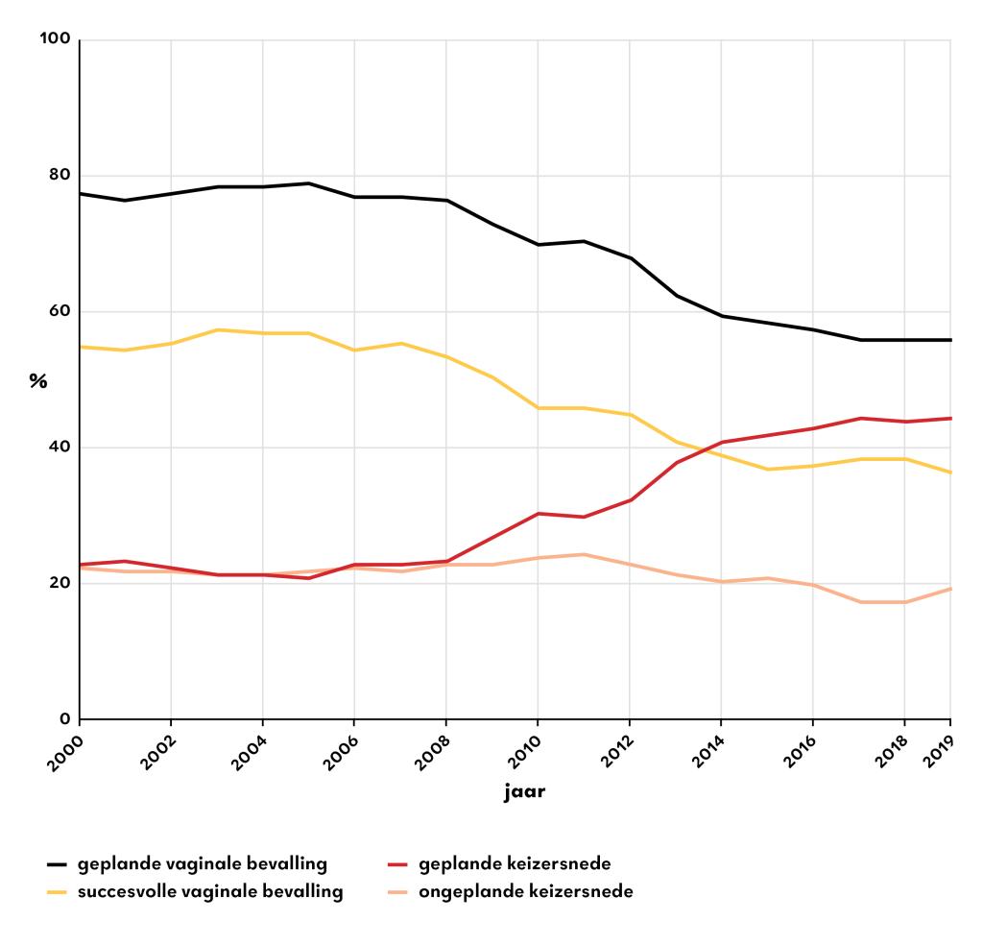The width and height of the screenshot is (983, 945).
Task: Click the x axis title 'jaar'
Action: click(x=524, y=794)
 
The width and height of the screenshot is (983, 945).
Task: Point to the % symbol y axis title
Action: click(x=37, y=381)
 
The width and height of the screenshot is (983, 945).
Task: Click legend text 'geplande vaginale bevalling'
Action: click(x=203, y=863)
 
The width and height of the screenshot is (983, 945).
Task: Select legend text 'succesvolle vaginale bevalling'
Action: click(x=210, y=892)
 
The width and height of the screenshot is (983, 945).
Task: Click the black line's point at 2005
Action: click(x=308, y=183)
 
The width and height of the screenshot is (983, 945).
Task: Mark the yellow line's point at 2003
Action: click(x=217, y=329)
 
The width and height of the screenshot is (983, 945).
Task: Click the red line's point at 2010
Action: click(x=538, y=514)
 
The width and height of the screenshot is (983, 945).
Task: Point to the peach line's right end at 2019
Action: click(x=950, y=589)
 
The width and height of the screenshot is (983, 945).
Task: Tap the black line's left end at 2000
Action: click(x=80, y=194)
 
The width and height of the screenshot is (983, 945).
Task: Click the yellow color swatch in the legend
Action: click(x=60, y=892)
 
